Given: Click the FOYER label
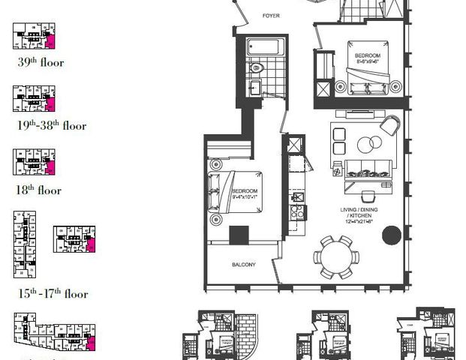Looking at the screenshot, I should tap(269, 15).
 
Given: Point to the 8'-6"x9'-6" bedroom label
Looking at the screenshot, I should tap(368, 60).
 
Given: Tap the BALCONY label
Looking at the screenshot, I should tap(243, 264).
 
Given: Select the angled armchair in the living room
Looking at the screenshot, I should tap(391, 124).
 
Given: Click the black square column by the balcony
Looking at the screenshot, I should tap(239, 235).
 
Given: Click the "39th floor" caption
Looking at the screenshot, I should tap(41, 63).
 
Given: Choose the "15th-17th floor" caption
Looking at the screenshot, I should tap(53, 294).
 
